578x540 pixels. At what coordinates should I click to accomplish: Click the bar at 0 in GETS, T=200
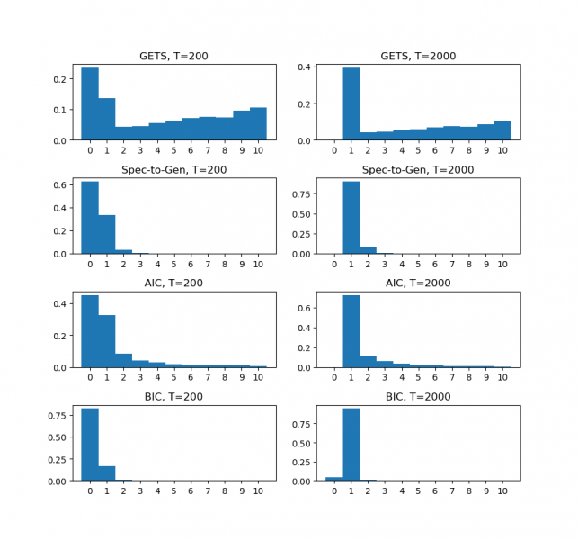[90, 103]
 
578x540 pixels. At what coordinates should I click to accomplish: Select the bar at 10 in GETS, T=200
[258, 124]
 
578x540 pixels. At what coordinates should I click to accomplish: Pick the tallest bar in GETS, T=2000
[351, 103]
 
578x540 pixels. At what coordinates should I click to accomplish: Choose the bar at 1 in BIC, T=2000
[351, 445]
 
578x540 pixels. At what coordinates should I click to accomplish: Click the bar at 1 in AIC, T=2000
[351, 331]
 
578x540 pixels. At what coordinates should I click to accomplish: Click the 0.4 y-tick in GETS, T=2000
[307, 67]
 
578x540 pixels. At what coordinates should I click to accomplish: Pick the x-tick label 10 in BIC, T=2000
[502, 492]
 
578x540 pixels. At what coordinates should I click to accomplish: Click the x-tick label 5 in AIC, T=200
[173, 379]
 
